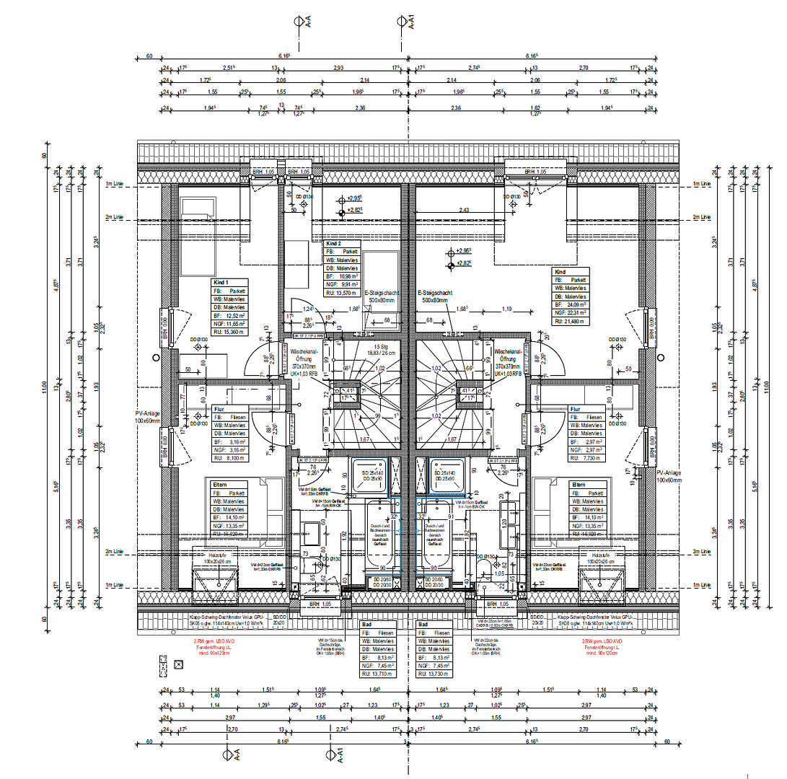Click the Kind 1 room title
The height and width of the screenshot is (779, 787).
pyautogui.click(x=221, y=281)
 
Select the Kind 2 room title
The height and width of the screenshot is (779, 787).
pyautogui.click(x=334, y=244)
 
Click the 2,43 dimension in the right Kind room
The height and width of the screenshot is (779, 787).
pyautogui.click(x=464, y=210)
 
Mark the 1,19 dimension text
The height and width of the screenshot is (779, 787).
pyautogui.click(x=508, y=309)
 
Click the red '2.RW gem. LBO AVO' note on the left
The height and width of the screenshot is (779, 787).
pyautogui.click(x=214, y=641)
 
